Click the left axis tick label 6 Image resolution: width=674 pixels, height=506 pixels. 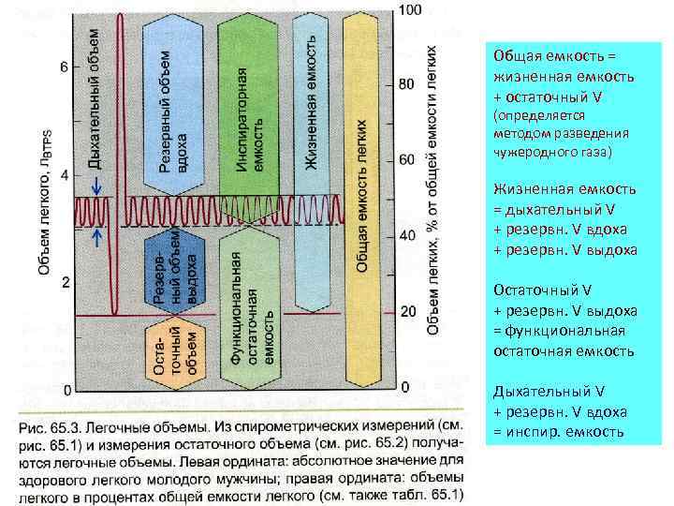click(x=64, y=67)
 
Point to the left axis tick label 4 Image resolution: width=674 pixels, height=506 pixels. click(x=64, y=175)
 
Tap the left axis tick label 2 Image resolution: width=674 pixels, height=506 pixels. click(x=64, y=281)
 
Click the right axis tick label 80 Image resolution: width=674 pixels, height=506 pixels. click(x=406, y=84)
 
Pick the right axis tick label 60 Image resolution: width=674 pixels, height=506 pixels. click(x=406, y=160)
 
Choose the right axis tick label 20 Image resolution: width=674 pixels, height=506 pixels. click(x=406, y=311)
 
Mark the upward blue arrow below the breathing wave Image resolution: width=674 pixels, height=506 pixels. click(x=95, y=238)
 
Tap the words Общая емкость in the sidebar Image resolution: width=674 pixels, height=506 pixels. click(x=534, y=56)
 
